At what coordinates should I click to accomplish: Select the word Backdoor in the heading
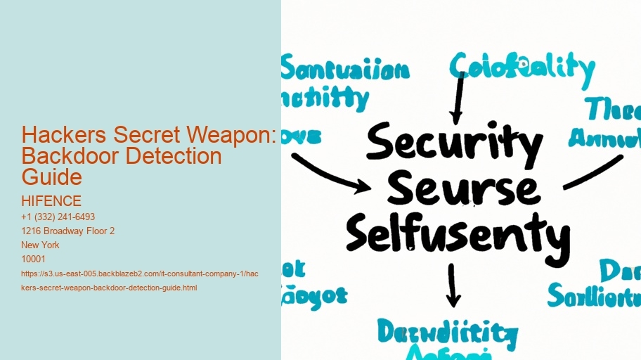[61, 155]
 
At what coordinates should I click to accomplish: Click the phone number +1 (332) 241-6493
[58, 217]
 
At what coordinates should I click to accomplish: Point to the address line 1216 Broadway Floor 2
[68, 231]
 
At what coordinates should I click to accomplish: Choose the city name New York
[41, 245]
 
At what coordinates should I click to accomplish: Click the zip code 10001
[34, 259]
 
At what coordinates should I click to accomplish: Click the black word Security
[454, 143]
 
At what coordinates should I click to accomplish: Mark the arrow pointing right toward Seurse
[330, 172]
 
